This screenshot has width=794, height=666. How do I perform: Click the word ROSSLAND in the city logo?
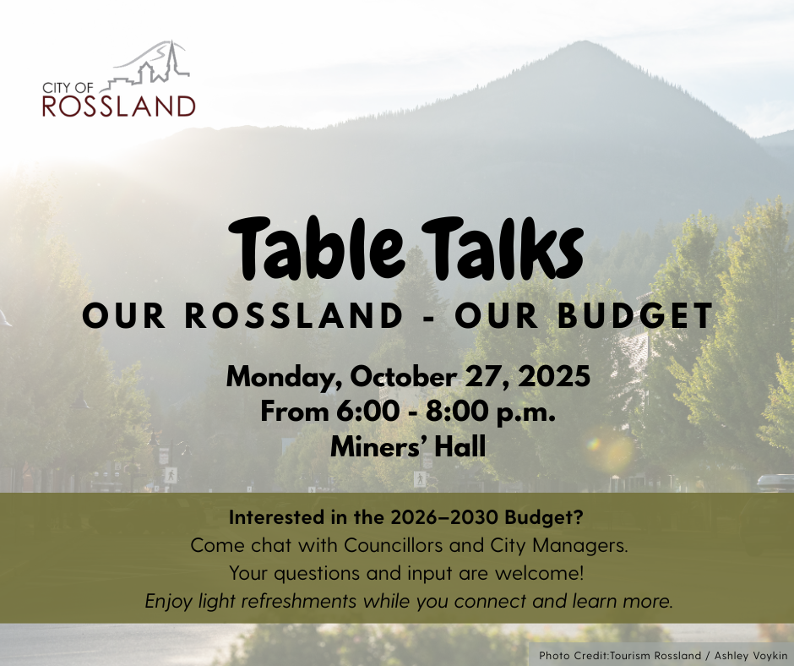119,106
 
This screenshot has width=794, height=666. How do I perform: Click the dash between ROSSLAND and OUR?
428,317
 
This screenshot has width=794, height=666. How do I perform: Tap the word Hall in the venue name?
460,446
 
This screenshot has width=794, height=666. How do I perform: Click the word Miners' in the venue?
378,446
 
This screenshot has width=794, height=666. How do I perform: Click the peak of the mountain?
585,41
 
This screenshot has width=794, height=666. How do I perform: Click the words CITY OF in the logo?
68,88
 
